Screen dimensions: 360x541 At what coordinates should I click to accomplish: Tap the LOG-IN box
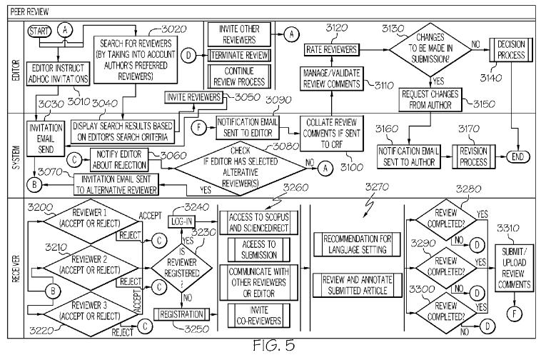coord(182,221)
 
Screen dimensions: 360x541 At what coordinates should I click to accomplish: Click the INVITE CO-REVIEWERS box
coord(259,313)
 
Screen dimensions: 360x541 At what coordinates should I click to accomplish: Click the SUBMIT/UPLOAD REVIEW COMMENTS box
coord(516,264)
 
